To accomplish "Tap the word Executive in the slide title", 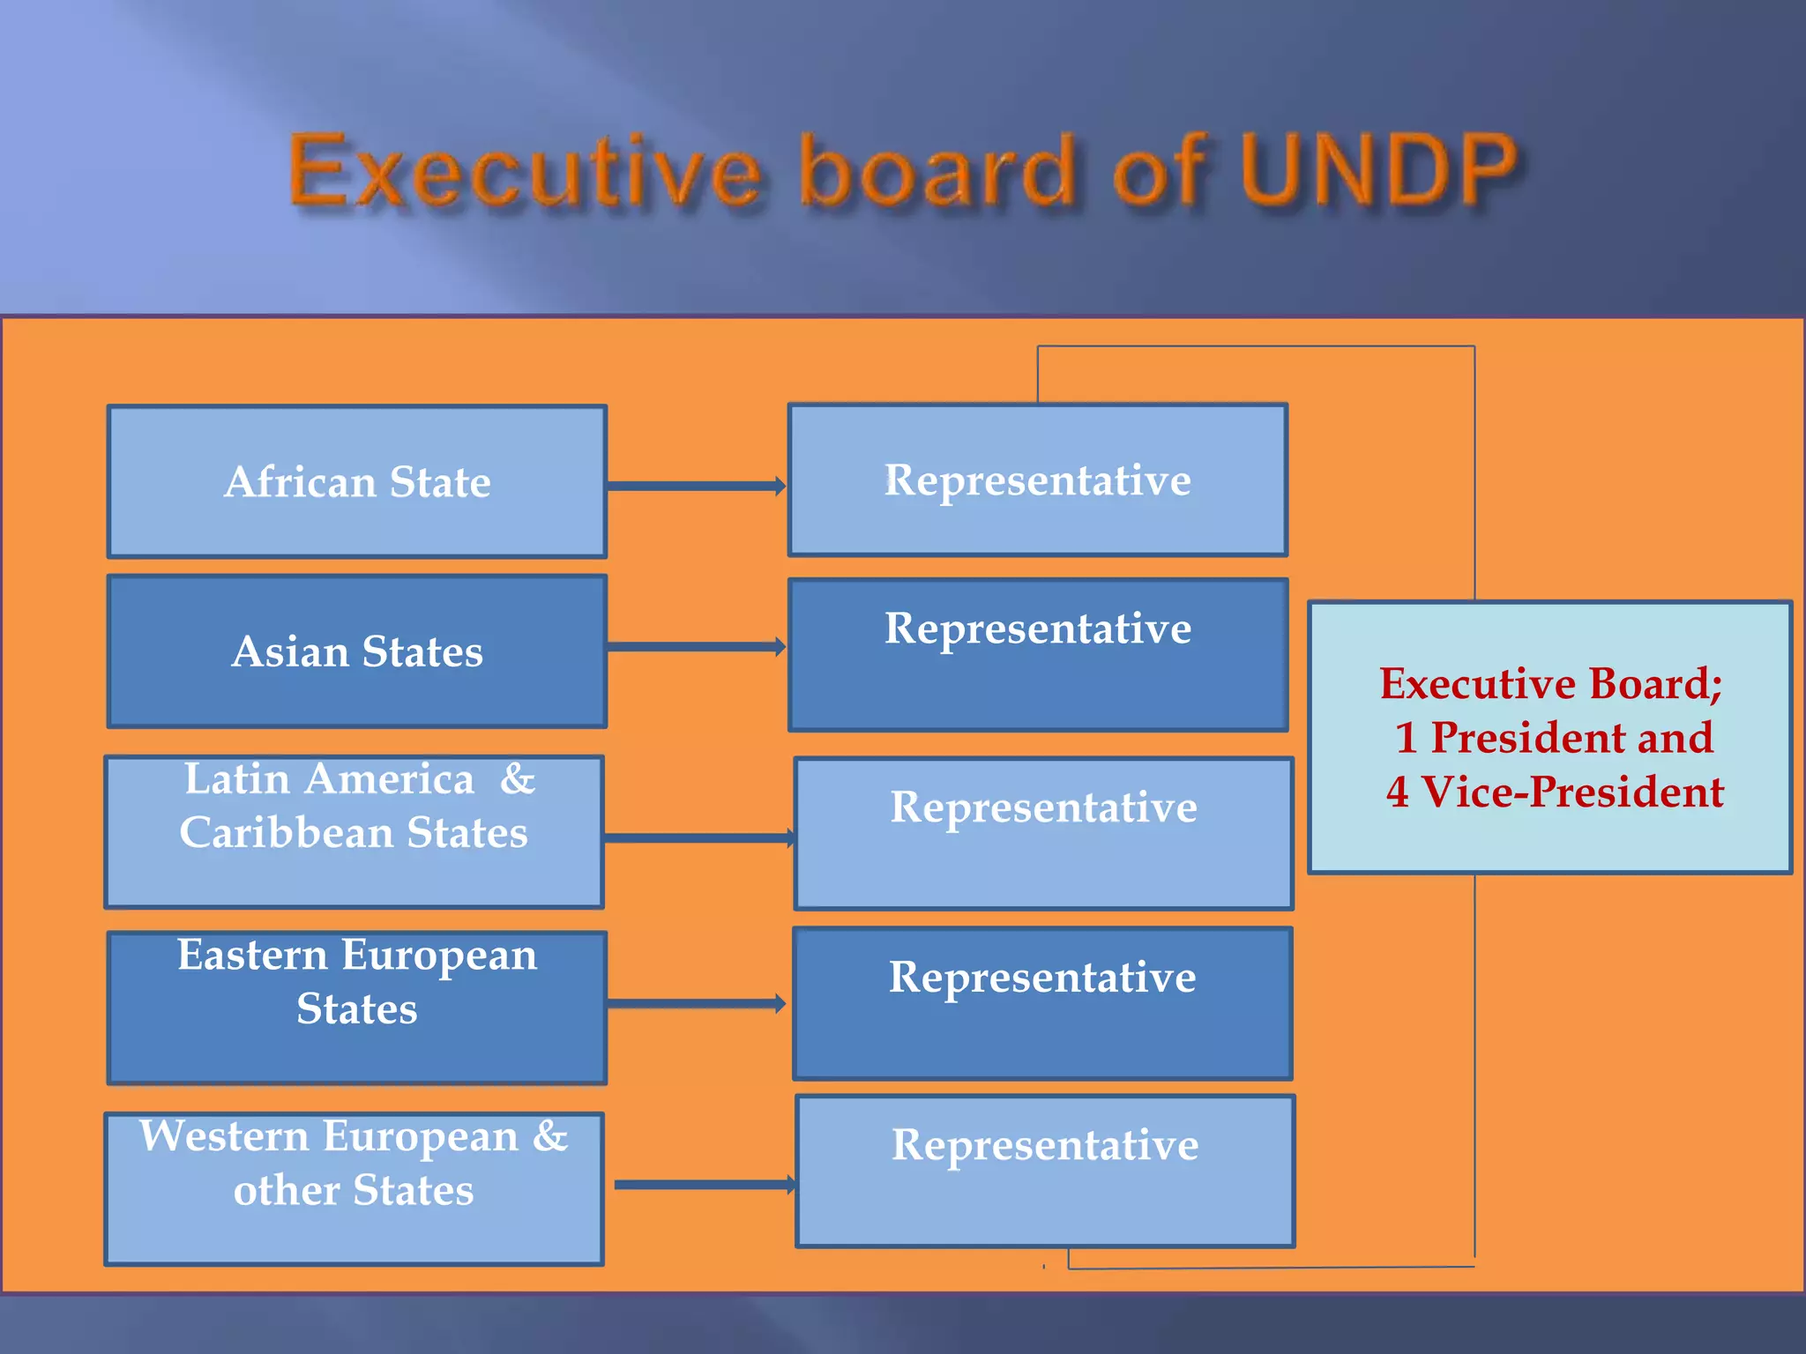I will click(x=525, y=171).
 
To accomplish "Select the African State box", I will click(x=357, y=481).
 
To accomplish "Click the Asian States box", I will click(x=357, y=651).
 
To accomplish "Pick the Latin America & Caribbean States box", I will click(x=354, y=831).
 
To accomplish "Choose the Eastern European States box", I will click(x=357, y=1008).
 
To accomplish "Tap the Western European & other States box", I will click(x=354, y=1188).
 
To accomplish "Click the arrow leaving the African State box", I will click(x=696, y=486).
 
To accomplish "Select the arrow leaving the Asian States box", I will click(x=696, y=647).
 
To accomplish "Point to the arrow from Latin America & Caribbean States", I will click(x=698, y=837).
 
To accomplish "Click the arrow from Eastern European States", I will click(x=696, y=1003).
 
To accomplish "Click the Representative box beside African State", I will click(x=1038, y=480).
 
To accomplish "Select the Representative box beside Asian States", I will click(x=1038, y=655).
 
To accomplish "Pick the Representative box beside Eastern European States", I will click(x=1042, y=1003).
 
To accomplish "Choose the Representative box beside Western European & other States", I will click(x=1045, y=1172).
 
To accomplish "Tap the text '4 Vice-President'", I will click(x=1555, y=792).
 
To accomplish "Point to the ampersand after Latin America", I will click(x=518, y=779).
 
